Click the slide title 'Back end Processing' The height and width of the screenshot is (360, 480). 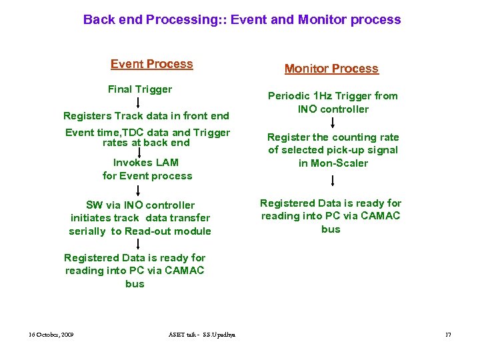pos(241,19)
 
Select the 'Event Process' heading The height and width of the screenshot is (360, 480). pos(151,64)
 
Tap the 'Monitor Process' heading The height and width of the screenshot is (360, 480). pos(331,69)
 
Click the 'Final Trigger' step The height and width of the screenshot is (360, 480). pos(140,89)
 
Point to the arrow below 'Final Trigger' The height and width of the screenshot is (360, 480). pos(138,102)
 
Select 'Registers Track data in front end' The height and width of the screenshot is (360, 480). pos(146,115)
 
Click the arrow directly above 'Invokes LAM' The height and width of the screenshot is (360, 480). pos(138,153)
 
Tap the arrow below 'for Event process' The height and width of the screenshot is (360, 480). pos(138,189)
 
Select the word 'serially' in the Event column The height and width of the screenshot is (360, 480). pos(87,231)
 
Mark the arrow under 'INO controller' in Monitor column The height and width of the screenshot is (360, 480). pos(332,122)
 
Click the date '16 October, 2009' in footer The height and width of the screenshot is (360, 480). pos(51,334)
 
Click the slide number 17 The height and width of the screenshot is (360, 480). pos(448,334)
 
